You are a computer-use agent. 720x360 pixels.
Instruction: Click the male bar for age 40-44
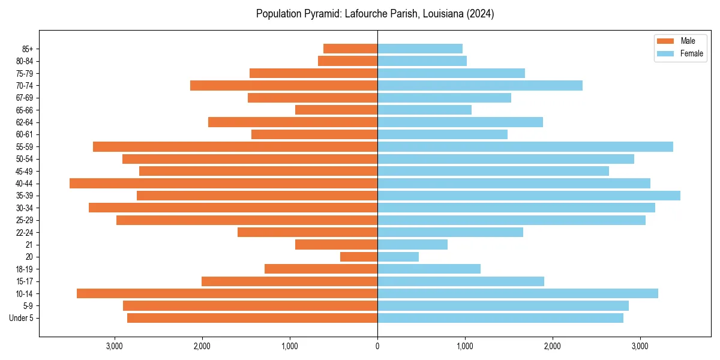[223, 183]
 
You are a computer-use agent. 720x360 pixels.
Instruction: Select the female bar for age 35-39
[529, 196]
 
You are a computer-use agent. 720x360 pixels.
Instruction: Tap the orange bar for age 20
[359, 257]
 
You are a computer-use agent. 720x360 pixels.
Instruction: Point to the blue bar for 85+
[420, 49]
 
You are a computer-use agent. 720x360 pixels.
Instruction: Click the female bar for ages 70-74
[480, 85]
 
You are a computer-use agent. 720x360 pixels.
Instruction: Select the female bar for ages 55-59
[525, 146]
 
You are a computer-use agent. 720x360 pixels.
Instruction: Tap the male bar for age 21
[336, 244]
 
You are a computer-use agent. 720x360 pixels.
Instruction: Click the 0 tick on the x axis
[377, 346]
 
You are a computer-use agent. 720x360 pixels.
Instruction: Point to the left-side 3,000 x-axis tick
[115, 346]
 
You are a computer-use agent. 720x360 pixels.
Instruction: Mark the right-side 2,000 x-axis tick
[552, 346]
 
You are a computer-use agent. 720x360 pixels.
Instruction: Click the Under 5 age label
[21, 318]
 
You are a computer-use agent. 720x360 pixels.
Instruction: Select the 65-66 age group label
[25, 110]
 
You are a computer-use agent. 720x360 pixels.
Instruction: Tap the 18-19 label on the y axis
[25, 269]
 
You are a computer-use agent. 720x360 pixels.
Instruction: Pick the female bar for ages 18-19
[429, 269]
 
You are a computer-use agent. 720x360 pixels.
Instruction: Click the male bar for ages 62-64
[293, 122]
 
